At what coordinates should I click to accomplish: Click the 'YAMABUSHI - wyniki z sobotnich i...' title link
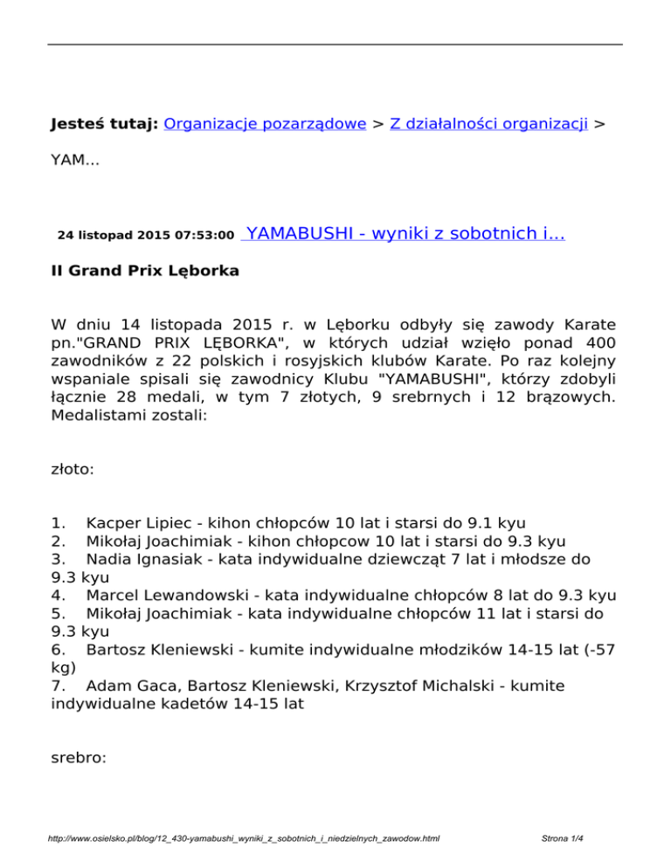pos(405,234)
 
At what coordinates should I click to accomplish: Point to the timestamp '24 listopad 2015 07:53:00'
pos(145,236)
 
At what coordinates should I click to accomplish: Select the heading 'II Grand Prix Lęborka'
pos(145,272)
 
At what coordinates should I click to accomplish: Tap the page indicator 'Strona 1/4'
pos(562,839)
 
